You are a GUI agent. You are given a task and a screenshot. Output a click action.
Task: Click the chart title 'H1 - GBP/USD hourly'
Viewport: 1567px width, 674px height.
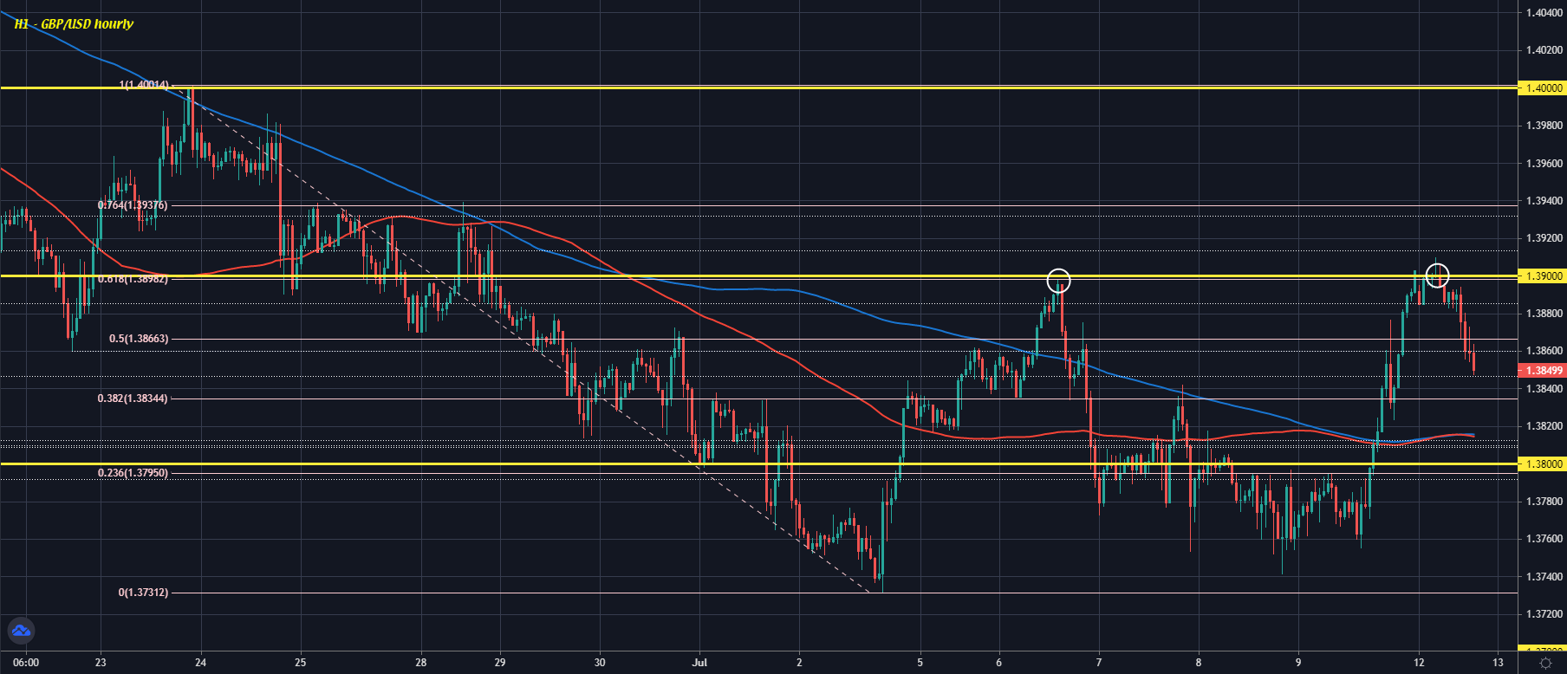click(74, 24)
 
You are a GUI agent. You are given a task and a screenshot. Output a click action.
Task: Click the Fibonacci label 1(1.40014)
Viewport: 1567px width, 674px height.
click(144, 85)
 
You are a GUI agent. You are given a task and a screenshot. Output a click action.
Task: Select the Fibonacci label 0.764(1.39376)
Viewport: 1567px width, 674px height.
click(133, 205)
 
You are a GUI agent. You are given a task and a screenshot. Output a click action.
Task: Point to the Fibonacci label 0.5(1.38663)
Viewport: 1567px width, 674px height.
click(139, 339)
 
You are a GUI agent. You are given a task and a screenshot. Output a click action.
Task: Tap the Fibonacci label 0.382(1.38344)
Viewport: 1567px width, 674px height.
click(133, 399)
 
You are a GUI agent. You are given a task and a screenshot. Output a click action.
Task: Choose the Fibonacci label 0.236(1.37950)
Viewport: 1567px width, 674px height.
click(133, 473)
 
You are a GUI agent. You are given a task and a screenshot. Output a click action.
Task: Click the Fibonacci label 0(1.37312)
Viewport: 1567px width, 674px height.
click(143, 593)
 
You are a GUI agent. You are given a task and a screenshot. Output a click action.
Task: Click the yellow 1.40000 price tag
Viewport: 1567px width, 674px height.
click(1544, 88)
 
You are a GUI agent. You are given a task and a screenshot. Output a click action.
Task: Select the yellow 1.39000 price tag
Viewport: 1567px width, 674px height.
click(1544, 276)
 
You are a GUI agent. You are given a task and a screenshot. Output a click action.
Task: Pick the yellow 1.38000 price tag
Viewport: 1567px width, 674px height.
click(1544, 464)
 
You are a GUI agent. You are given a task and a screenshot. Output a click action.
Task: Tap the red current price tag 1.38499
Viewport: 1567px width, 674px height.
click(1544, 371)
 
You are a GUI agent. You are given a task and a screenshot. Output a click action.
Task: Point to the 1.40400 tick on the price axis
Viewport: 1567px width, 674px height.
click(1544, 13)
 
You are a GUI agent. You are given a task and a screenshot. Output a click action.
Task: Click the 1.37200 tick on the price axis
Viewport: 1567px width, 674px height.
click(1544, 614)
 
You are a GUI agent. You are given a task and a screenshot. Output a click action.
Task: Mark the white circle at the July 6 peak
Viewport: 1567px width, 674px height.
click(1058, 281)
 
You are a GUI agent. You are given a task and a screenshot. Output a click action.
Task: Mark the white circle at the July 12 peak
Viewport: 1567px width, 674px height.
click(1437, 275)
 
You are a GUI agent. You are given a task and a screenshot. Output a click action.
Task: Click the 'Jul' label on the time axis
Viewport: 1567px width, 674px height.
click(699, 663)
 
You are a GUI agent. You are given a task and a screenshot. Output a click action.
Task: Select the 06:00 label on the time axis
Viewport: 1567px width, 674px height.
click(26, 663)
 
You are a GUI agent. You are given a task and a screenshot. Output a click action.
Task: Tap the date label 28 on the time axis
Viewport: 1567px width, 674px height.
click(420, 663)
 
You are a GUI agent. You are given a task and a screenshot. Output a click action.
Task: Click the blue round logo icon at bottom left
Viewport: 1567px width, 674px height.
click(20, 632)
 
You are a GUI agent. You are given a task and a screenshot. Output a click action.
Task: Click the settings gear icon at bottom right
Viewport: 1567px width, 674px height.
click(1544, 663)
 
